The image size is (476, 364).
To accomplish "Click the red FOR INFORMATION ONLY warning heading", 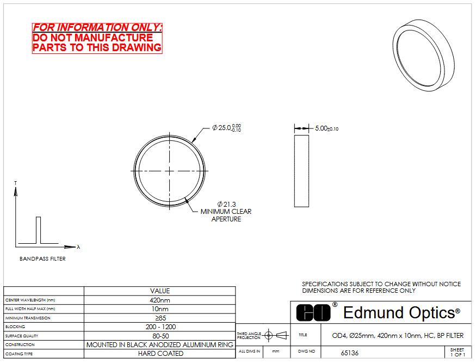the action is [97, 27].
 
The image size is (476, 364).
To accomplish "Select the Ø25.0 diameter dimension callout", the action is [226, 128].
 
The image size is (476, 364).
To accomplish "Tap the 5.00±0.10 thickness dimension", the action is [326, 128].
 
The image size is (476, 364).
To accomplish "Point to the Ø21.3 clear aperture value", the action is [226, 205].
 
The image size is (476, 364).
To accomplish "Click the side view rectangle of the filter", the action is [301, 171].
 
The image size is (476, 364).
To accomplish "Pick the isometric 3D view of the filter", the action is [423, 55].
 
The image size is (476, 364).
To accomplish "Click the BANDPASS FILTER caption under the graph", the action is [42, 258].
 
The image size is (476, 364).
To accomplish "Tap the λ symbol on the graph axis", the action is [79, 247].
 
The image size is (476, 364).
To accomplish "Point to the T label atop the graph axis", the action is [15, 183].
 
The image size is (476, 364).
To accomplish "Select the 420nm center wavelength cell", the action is [160, 300].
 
